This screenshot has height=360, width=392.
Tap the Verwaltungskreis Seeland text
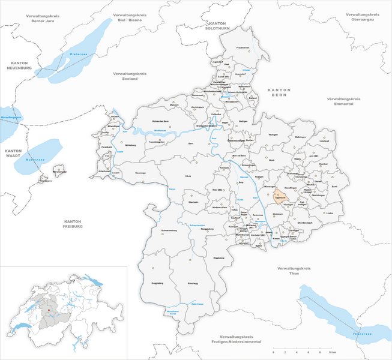coord(130,76)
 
